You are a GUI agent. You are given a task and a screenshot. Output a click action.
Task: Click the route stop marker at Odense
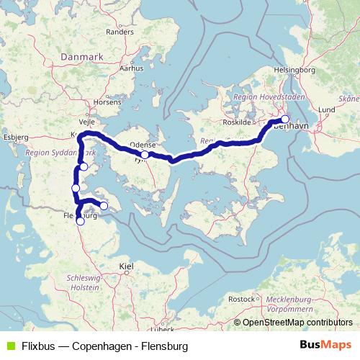[145, 155]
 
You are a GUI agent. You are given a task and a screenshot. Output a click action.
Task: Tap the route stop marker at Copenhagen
[285, 120]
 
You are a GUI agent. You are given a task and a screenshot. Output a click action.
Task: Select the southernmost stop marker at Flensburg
[81, 222]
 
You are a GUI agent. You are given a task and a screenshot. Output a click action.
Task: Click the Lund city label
[327, 109]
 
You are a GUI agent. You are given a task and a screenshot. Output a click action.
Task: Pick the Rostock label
[241, 298]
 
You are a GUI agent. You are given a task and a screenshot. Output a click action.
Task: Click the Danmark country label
[84, 56]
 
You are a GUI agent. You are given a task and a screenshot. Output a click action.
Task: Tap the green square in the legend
[9, 346]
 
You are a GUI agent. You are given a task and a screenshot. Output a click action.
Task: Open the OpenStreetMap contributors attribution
[297, 323]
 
